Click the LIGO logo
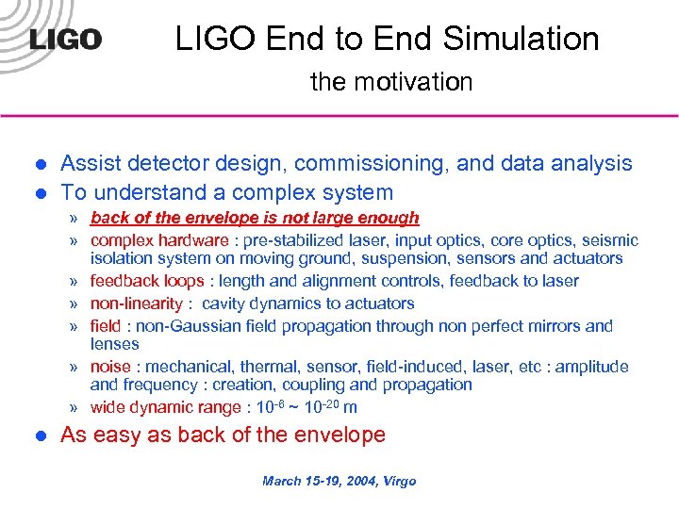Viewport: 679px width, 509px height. (65, 41)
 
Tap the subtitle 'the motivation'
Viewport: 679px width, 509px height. (391, 82)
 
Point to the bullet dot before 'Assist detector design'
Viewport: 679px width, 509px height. (40, 164)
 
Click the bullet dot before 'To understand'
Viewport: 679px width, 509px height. (40, 193)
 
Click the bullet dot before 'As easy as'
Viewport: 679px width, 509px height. (40, 435)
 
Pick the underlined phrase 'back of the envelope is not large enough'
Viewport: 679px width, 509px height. (255, 218)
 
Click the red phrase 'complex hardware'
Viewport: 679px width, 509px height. (158, 240)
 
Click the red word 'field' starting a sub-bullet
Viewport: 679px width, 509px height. (104, 326)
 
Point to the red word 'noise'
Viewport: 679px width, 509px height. (109, 367)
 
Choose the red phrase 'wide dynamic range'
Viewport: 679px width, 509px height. (165, 407)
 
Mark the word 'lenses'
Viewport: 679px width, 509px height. (114, 344)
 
